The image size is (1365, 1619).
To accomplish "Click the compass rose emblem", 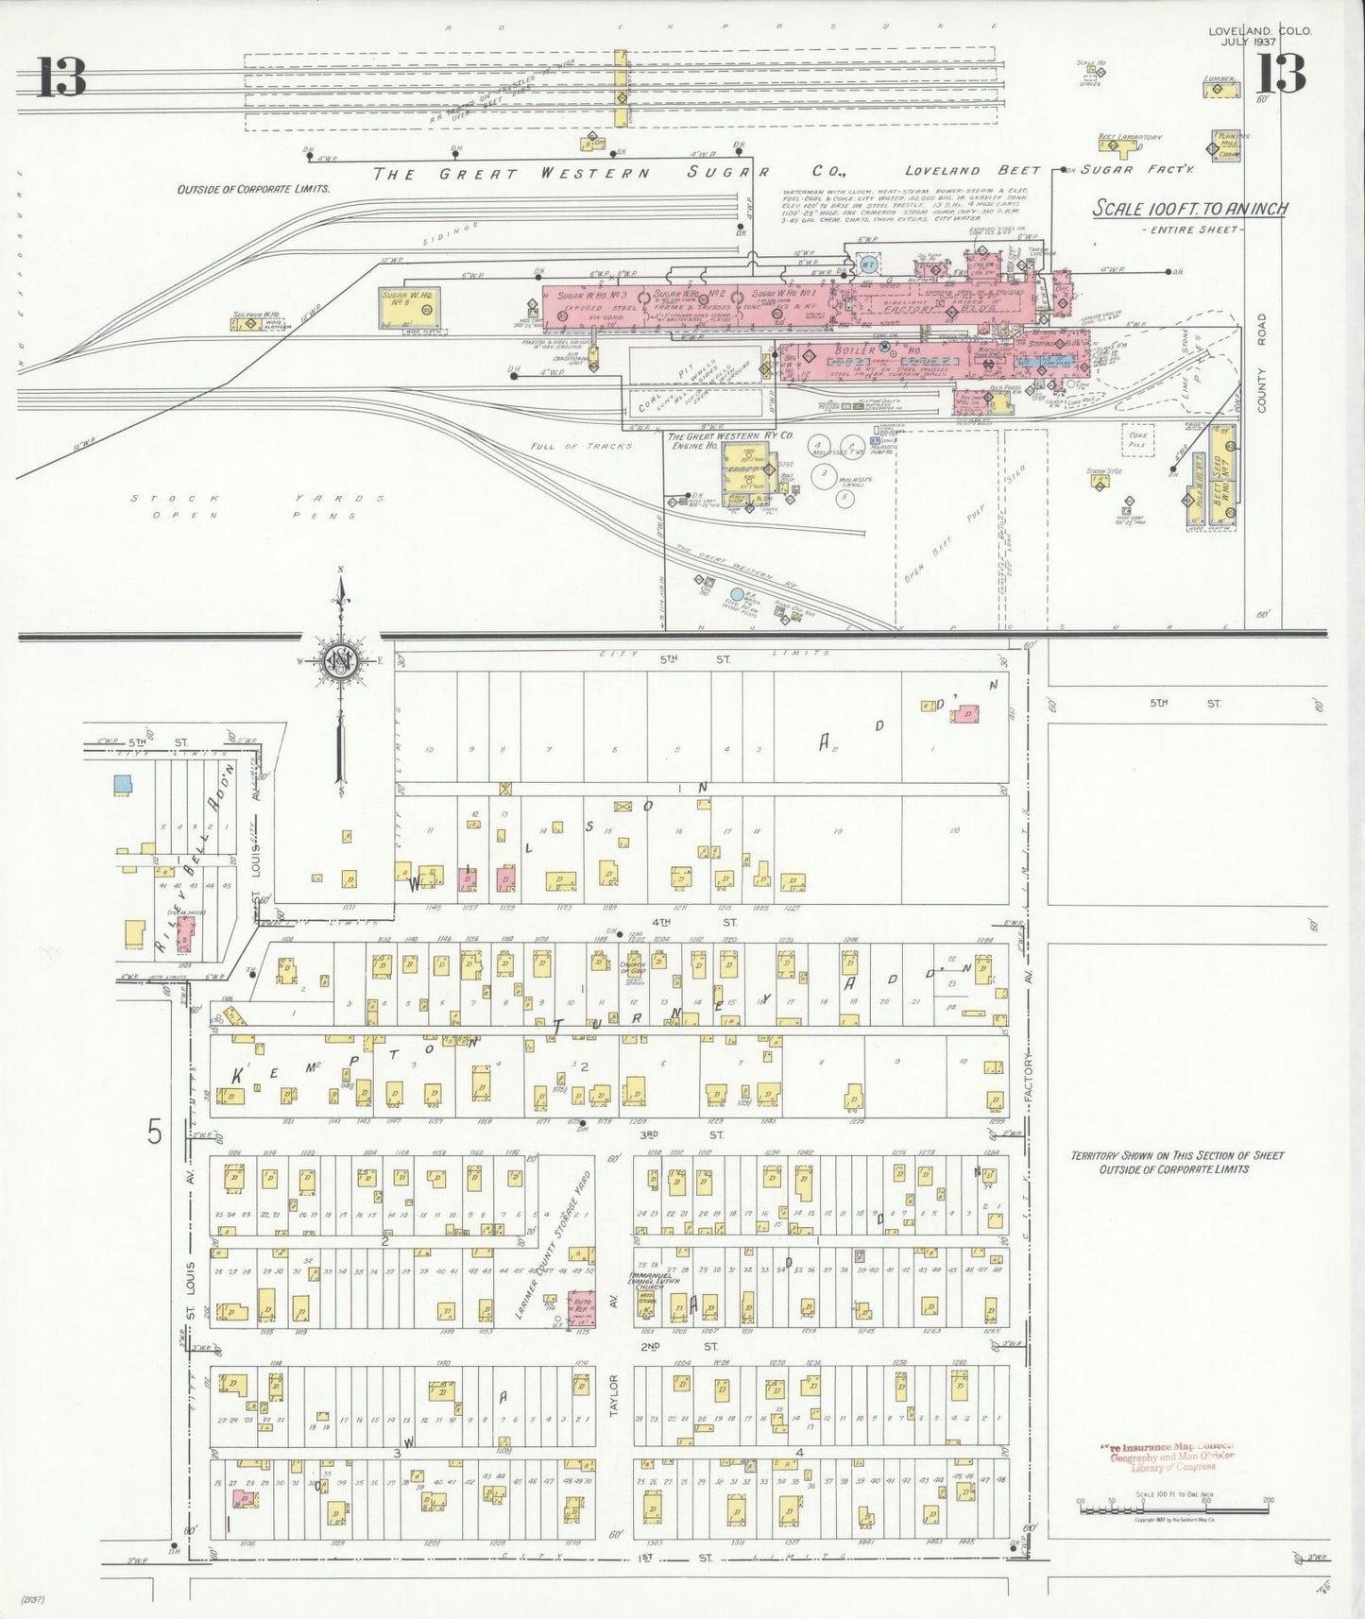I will (x=338, y=660).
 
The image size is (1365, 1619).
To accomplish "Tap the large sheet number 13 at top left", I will (x=62, y=77).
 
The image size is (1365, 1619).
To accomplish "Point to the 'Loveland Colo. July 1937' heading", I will (x=1259, y=36).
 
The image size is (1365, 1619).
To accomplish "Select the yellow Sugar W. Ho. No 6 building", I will (x=408, y=306).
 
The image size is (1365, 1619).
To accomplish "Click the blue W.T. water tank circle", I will (x=868, y=265).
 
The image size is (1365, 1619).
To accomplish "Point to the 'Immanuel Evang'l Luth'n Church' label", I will (x=646, y=1281).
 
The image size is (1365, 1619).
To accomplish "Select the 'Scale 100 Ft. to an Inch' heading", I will (x=1189, y=209).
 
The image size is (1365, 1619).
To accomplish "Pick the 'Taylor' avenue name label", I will (x=613, y=1394).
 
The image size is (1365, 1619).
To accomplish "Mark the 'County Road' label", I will (x=1261, y=364).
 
